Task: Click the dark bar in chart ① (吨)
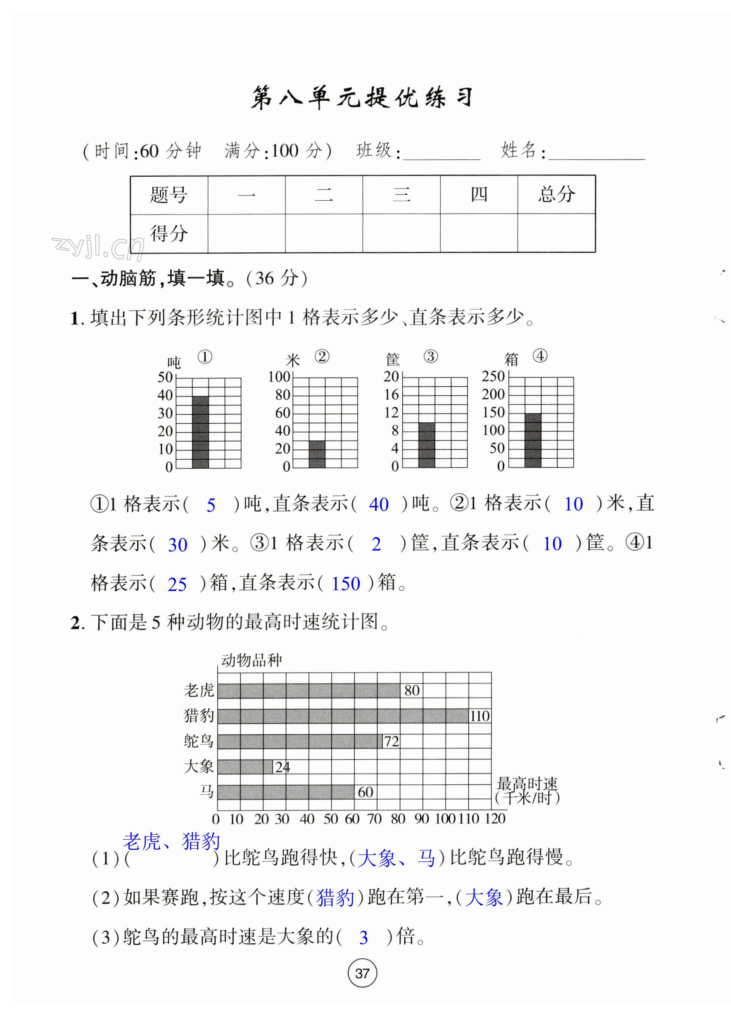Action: (200, 432)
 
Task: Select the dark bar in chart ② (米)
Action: (317, 454)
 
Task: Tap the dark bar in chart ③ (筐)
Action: (426, 445)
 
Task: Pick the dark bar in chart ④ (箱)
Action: (533, 440)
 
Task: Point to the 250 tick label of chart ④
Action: (493, 376)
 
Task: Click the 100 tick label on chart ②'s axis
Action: (279, 377)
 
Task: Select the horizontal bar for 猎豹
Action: (343, 716)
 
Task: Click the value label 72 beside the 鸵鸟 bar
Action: (391, 741)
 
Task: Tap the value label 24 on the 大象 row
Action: (282, 767)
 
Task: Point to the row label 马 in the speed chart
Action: (206, 791)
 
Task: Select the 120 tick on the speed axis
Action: (495, 819)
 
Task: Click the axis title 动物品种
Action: (251, 660)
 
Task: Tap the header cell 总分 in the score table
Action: (556, 195)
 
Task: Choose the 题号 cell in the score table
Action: (169, 195)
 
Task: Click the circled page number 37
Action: (362, 973)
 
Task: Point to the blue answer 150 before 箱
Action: (345, 584)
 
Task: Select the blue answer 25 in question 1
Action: (177, 584)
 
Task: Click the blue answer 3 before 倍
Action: (363, 937)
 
